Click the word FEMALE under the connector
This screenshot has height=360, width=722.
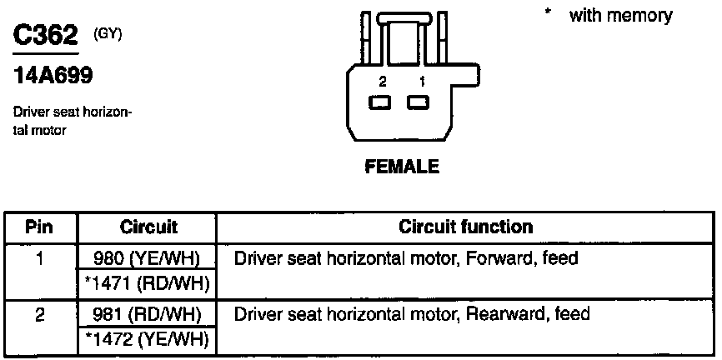[402, 167]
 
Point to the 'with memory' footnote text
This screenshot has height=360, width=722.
[620, 16]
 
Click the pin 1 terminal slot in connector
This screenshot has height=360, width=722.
[418, 102]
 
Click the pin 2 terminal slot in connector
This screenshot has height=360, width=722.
[381, 102]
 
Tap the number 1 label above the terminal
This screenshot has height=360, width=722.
[422, 82]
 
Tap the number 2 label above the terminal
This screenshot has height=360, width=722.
[382, 82]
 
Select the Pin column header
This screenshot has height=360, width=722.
[40, 227]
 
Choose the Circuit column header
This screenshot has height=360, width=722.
[148, 227]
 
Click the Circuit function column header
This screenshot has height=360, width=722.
[466, 227]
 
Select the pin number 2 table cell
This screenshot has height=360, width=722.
[40, 314]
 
